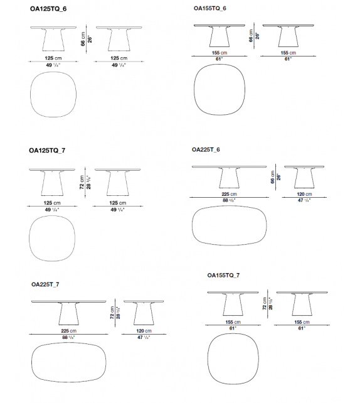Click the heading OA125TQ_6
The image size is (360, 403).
[x=48, y=9]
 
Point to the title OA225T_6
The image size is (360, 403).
[x=206, y=151]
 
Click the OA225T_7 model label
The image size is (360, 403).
[x=46, y=284]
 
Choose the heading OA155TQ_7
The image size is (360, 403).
[x=223, y=275]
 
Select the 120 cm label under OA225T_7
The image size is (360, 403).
[x=144, y=330]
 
